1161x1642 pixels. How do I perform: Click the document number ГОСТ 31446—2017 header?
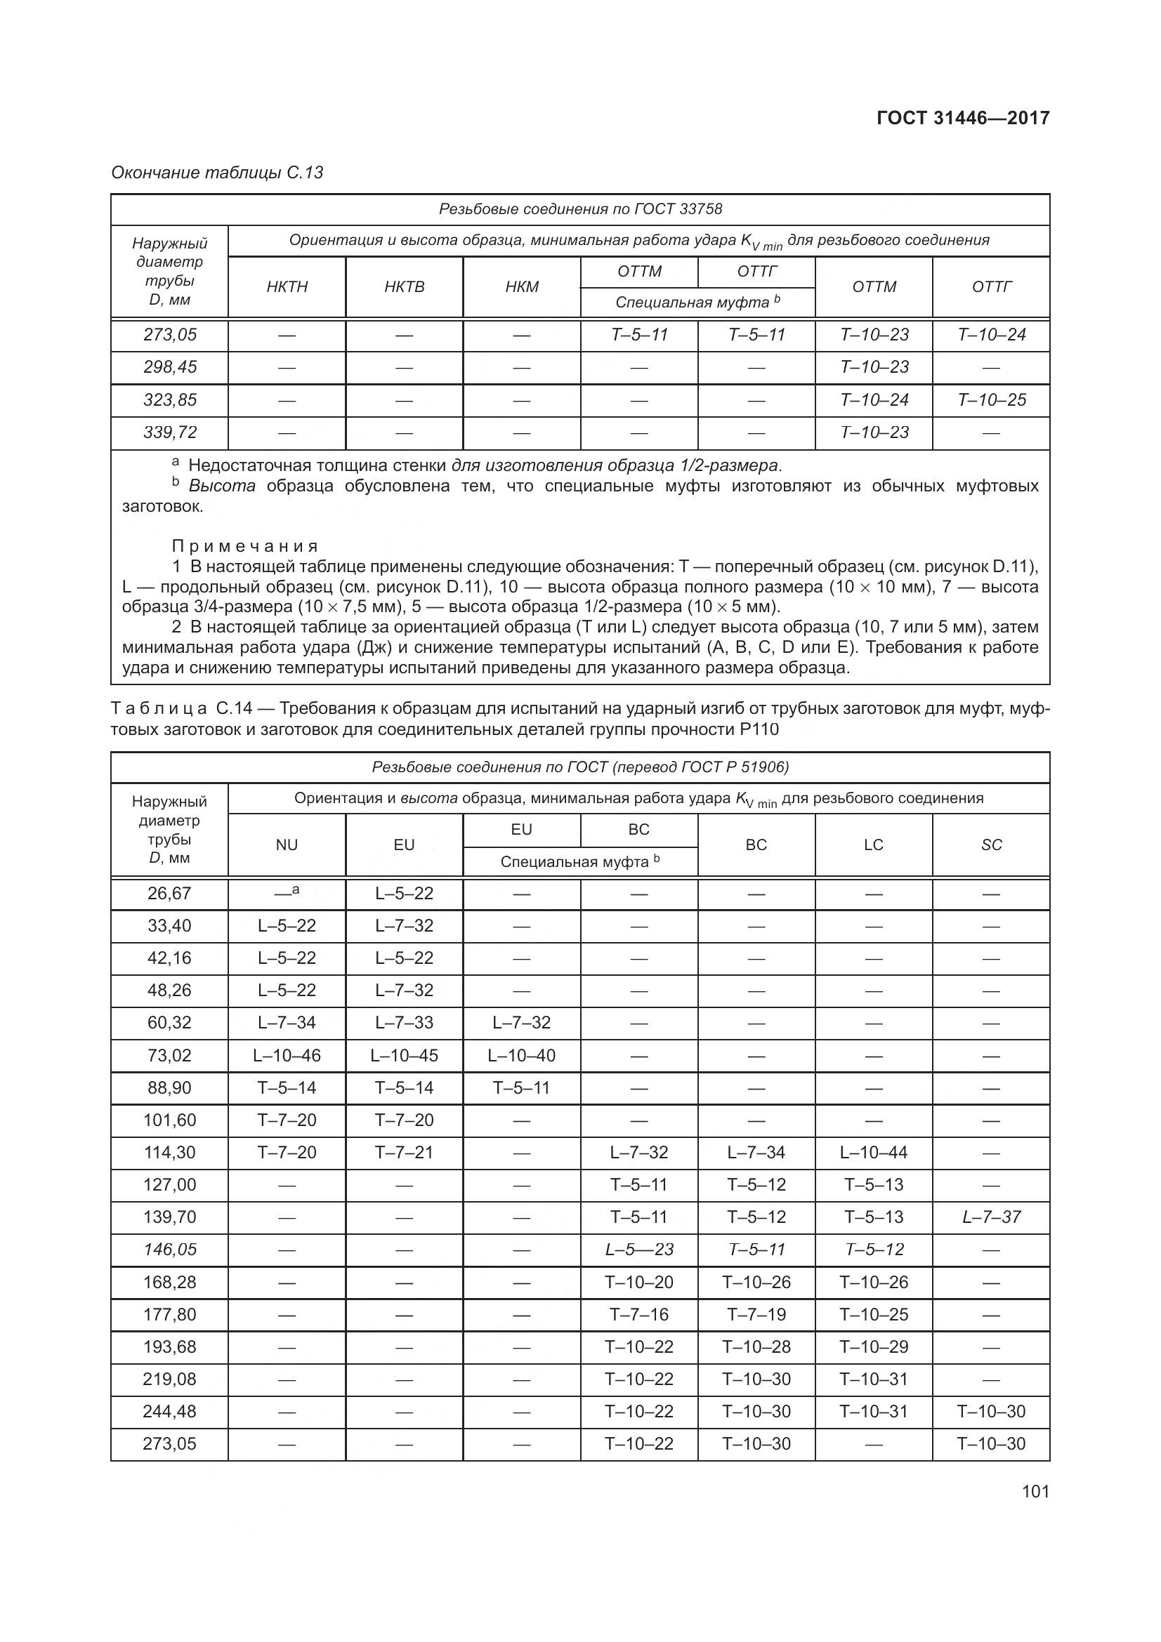click(x=963, y=118)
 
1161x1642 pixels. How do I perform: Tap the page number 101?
click(x=1035, y=1491)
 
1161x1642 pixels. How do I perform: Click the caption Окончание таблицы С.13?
click(x=217, y=173)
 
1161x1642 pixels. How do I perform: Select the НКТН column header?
click(x=287, y=287)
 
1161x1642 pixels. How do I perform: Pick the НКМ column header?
click(x=521, y=287)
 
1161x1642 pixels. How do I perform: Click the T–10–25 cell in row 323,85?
click(x=991, y=399)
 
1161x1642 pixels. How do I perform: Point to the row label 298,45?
click(x=169, y=367)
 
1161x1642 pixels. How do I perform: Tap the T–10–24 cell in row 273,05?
click(x=991, y=335)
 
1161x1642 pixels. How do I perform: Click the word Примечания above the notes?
click(x=244, y=546)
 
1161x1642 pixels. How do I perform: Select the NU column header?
click(x=287, y=845)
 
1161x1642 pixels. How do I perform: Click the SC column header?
click(x=991, y=845)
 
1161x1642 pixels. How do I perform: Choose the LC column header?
click(x=874, y=845)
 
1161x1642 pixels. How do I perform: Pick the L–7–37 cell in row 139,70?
click(x=991, y=1217)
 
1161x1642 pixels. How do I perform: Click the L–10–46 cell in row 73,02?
click(x=287, y=1055)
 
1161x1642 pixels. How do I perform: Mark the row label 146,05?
click(x=169, y=1250)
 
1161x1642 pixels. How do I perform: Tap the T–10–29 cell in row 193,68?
click(x=874, y=1346)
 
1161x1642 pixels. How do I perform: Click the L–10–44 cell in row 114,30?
click(x=874, y=1152)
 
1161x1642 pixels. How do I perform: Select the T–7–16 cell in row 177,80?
click(x=639, y=1313)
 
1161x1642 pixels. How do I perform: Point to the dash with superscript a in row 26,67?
click(x=287, y=892)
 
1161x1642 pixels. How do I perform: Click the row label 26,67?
click(x=169, y=893)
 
